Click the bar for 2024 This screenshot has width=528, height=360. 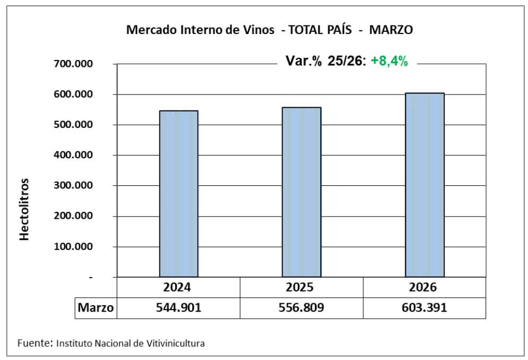coord(178,194)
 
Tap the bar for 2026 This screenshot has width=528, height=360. coord(424,185)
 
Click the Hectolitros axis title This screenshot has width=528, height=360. coord(24,209)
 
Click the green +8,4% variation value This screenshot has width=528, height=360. coord(389,61)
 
